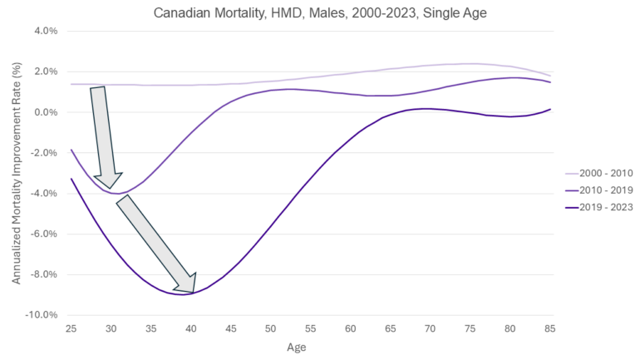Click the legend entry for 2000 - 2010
point(600,174)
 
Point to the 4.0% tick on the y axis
point(43,31)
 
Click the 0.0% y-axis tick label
point(43,112)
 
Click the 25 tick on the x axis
point(71,329)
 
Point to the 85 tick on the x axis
point(549,329)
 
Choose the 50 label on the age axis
point(270,329)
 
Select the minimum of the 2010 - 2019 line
point(119,194)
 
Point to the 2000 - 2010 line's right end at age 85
point(549,76)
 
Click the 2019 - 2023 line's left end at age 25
point(71,178)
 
